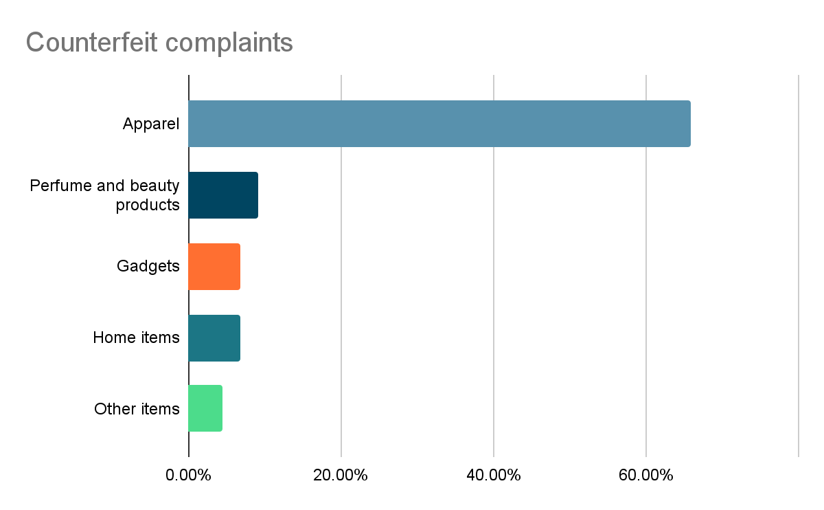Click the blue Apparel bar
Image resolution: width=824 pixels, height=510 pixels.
point(439,124)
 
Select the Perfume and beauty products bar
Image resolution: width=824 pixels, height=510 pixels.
point(223,195)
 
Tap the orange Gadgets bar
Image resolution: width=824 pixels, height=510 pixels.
point(214,267)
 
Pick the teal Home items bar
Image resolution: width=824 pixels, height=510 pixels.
point(214,338)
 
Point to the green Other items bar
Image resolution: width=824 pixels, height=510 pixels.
point(205,409)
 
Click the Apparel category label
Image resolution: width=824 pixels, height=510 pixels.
point(151,124)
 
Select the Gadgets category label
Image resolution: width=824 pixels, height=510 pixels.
point(148,267)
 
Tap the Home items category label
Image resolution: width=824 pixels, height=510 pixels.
point(136,338)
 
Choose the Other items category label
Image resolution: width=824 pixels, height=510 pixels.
point(137,409)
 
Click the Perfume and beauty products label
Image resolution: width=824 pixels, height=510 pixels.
point(105,195)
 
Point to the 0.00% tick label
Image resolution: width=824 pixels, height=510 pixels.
point(189,475)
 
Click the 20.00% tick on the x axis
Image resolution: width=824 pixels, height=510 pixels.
point(341,475)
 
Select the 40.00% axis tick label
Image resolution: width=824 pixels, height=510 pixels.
point(494,475)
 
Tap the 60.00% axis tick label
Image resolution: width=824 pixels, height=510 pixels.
point(646,475)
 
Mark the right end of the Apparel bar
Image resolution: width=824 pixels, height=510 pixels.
point(689,124)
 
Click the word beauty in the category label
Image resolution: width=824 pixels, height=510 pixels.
point(154,186)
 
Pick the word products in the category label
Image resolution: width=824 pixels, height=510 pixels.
point(148,205)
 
